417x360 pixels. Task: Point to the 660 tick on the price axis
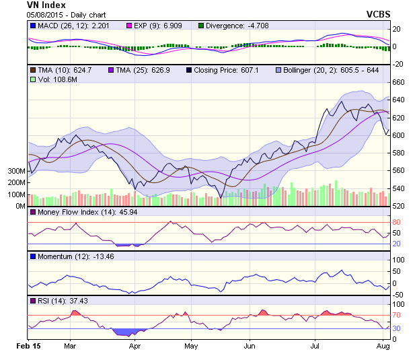pos(399,82)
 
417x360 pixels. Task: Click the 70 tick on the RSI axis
pos(395,315)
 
